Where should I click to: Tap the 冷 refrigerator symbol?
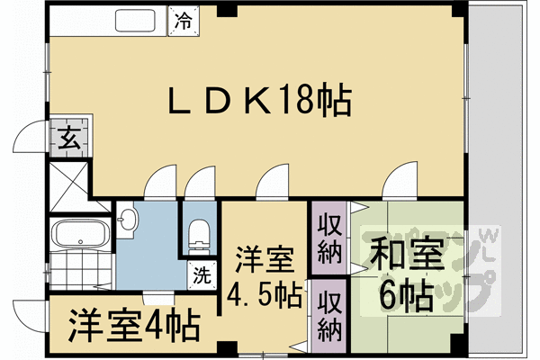183,17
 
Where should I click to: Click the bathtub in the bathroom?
80,235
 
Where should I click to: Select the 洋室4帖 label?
133,326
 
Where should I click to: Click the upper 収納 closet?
329,236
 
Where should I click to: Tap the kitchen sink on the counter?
138,18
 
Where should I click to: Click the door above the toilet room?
197,184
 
